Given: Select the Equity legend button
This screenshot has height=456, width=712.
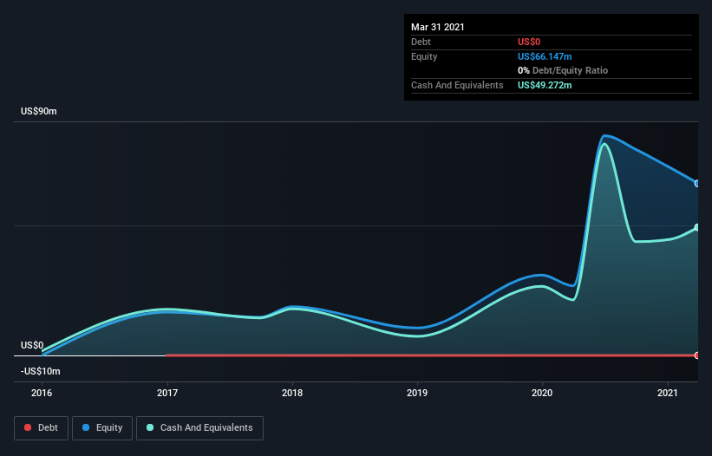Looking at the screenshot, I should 102,427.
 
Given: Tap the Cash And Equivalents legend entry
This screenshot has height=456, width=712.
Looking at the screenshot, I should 199,427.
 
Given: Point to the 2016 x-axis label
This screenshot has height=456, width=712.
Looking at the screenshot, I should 42,393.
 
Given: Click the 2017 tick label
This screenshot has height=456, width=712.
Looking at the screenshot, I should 167,393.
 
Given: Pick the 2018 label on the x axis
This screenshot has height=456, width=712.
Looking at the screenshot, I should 293,393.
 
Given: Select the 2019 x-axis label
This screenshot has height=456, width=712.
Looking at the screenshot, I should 418,393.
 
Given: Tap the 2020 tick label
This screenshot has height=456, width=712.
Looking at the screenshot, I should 543,393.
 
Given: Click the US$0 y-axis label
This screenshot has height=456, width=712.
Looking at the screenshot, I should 32,345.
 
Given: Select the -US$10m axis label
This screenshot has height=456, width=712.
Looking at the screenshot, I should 41,371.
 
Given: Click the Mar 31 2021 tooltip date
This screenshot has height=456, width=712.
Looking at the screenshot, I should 438,27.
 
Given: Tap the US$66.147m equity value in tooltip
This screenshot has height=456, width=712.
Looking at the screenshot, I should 545,56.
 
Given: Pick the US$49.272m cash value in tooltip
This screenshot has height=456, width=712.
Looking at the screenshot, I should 545,85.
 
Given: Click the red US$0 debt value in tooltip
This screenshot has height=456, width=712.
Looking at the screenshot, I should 530,42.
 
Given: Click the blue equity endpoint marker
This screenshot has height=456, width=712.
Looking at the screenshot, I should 697,183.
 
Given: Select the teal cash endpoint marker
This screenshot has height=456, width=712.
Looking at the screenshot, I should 697,228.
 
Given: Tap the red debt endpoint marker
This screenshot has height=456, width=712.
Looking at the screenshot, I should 697,355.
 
